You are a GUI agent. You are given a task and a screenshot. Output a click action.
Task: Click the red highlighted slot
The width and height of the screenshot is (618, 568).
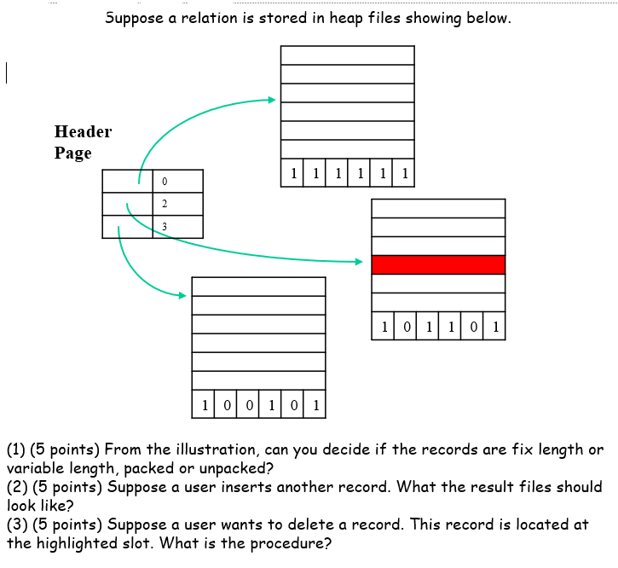[x=438, y=264]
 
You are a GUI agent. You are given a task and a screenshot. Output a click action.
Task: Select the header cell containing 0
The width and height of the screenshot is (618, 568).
[x=177, y=181]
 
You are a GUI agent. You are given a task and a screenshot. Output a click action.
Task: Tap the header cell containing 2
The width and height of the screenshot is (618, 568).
[x=177, y=204]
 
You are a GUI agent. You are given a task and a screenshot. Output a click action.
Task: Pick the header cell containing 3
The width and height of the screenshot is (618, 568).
[x=177, y=226]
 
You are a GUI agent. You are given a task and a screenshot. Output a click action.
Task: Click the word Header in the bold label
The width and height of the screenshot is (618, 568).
[x=83, y=131]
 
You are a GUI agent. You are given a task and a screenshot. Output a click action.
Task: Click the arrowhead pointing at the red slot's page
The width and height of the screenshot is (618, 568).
[x=359, y=262]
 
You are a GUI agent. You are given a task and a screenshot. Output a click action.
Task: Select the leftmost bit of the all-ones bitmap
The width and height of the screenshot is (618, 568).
[x=292, y=175]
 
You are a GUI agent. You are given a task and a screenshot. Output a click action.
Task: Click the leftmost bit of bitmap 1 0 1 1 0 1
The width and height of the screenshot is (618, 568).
[x=384, y=327]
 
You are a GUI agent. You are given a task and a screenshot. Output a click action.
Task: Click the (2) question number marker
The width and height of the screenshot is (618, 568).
[x=16, y=487]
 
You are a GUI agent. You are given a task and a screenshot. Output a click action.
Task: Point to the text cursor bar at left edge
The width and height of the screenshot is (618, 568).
[x=7, y=73]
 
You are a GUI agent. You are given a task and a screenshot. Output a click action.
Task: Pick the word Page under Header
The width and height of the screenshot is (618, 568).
[x=72, y=154]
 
